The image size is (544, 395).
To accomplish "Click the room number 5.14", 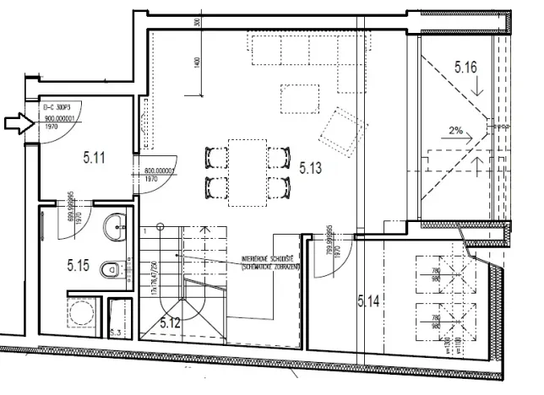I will (x=370, y=300).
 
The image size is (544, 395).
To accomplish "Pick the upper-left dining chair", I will (x=215, y=156).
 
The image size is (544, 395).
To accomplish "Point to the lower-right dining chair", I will (x=276, y=185).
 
